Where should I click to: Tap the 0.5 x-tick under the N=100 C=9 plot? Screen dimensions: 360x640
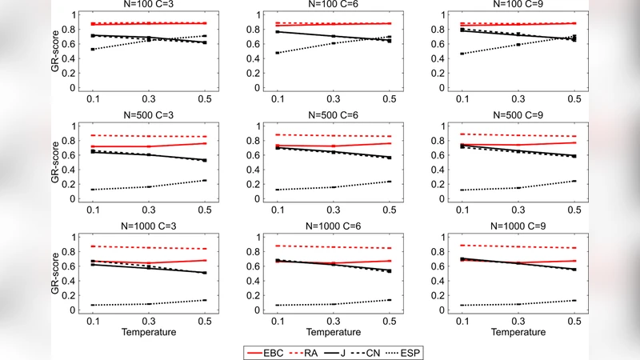click(x=573, y=99)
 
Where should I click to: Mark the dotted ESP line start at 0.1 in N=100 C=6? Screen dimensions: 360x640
click(x=277, y=53)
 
